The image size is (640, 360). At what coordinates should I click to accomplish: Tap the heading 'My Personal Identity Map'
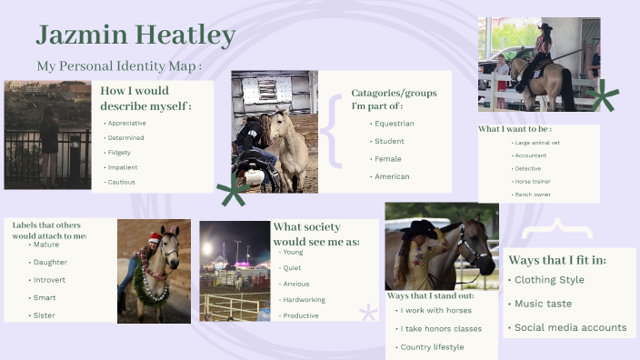[x=118, y=66]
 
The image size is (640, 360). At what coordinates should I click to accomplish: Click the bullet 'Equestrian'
[x=394, y=124]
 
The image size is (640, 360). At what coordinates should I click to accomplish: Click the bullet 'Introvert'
[x=50, y=280]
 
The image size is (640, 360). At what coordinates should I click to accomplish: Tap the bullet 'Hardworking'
[x=304, y=299]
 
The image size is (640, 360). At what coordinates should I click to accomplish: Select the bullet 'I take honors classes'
[x=438, y=329]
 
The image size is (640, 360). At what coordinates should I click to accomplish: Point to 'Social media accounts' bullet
[x=570, y=327]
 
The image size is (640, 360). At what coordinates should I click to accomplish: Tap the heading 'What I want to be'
[x=515, y=129]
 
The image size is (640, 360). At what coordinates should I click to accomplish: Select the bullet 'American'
[x=392, y=176]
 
